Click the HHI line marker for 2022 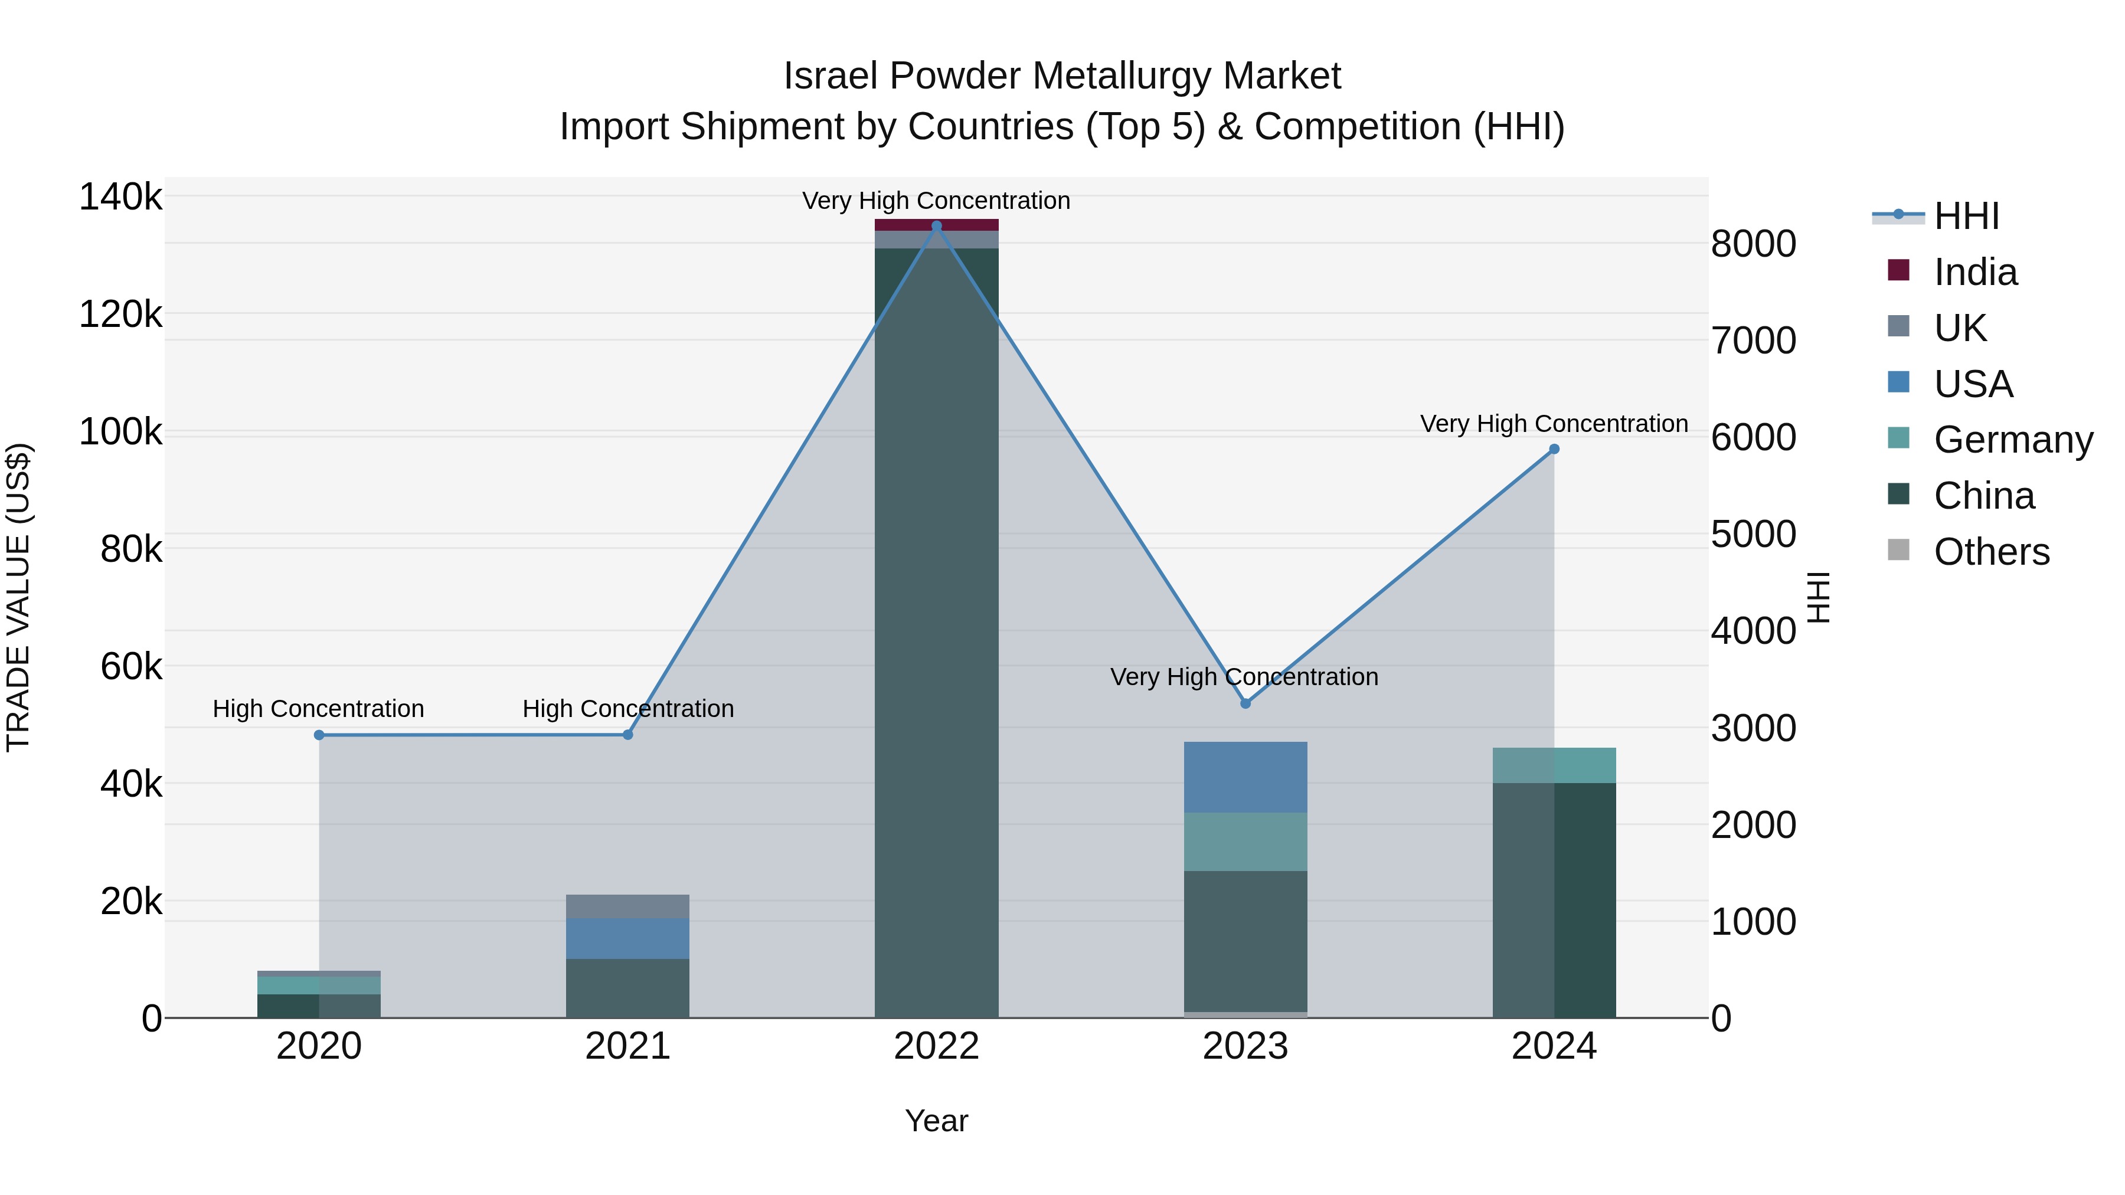(936, 226)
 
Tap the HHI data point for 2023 (1245, 703)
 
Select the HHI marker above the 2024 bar (1554, 450)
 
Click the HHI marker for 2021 (628, 735)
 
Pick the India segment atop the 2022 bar (936, 225)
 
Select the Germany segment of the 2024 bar (1554, 765)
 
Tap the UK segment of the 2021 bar (628, 906)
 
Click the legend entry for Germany (2013, 440)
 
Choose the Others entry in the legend (1992, 552)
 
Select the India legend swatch (1899, 270)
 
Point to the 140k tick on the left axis (120, 197)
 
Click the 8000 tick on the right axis (1754, 244)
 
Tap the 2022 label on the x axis (936, 1046)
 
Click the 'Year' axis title (936, 1121)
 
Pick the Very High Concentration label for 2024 (1554, 424)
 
